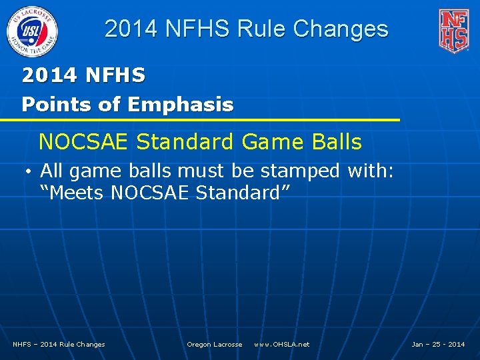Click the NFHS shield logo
453,30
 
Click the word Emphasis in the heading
181,105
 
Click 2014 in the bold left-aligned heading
49,76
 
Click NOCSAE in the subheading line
84,142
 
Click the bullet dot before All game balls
31,171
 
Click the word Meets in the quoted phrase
74,193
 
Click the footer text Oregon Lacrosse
215,344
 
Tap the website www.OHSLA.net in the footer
282,344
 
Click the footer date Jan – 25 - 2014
438,344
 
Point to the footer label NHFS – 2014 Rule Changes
59,344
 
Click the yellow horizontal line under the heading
200,120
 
